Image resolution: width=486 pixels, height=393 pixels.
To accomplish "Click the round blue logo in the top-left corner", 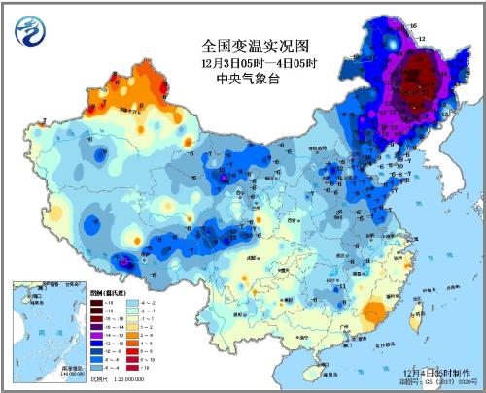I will [29, 30].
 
